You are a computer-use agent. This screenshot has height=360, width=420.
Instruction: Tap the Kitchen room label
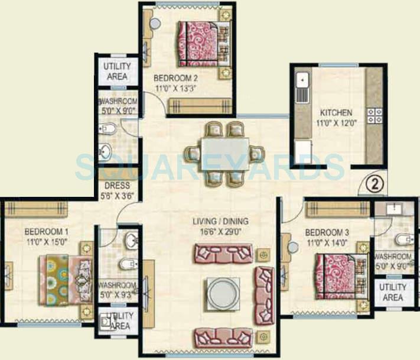coord(336,112)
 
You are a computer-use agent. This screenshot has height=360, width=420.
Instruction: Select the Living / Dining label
coord(218,222)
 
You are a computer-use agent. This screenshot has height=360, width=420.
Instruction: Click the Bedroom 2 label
coord(175,77)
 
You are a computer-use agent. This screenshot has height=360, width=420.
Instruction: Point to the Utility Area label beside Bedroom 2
coord(117,71)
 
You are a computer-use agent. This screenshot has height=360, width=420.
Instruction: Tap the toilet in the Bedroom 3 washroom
coord(403,239)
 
